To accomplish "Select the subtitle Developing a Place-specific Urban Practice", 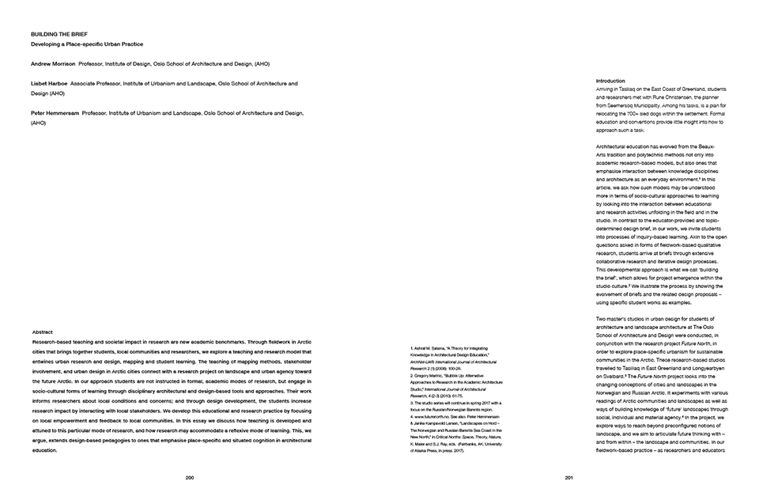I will point(87,44).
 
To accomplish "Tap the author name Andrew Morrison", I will point(54,63).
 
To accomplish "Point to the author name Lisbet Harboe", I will point(49,83).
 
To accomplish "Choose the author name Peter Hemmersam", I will point(55,113).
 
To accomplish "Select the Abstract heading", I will point(43,332).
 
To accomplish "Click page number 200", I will point(190,478).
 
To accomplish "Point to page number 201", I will point(569,478).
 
